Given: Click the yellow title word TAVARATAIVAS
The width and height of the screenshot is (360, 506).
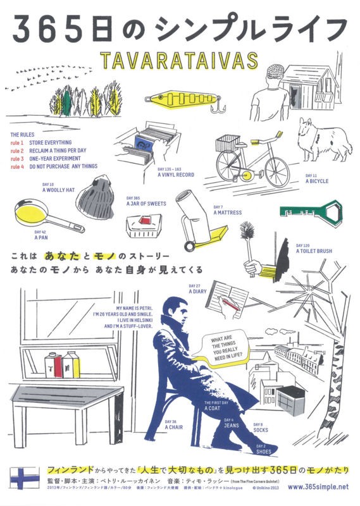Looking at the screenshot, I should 179,61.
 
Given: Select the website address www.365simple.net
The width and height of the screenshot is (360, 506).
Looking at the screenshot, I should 316,487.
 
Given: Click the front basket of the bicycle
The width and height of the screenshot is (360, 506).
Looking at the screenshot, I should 229,143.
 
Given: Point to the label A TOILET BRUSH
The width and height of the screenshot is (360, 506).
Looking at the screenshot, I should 313,250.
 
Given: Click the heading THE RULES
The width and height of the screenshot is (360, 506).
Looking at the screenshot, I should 24,135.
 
